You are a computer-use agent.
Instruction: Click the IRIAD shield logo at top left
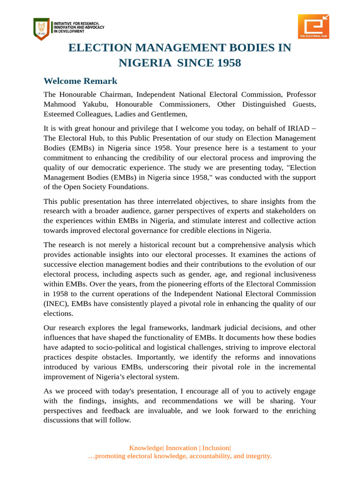click(x=41, y=28)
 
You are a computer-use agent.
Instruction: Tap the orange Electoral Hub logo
click(x=313, y=26)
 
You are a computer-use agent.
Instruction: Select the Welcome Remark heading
click(x=80, y=81)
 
